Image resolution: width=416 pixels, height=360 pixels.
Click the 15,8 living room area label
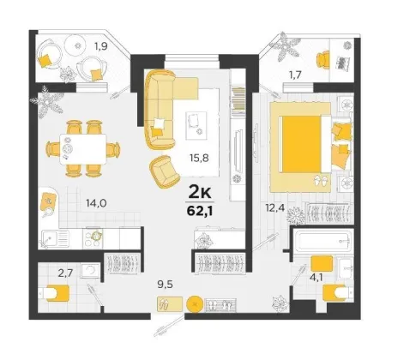coord(199,158)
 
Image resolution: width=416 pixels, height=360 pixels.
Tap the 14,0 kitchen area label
coord(97,203)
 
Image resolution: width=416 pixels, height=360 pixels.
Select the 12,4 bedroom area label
coord(274,208)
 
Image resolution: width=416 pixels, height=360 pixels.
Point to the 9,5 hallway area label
coord(166,285)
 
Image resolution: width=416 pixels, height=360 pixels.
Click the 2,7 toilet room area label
coord(65,273)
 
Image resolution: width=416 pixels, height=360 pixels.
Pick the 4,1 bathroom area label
coord(316,277)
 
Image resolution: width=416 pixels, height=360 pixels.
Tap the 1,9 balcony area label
coord(101,46)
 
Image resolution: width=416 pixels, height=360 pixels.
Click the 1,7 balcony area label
coord(295,75)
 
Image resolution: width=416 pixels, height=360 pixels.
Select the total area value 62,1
coord(201,211)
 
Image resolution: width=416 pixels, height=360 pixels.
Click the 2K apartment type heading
coord(200,193)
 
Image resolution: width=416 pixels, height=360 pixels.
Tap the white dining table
coord(83,149)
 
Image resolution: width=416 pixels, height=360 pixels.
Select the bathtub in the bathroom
coord(322,242)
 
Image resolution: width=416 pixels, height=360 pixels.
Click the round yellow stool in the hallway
coord(195,304)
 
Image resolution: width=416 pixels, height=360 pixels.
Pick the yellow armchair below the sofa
coord(165,172)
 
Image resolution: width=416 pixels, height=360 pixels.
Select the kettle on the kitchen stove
coord(97,235)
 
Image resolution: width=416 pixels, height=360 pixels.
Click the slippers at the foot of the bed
coord(322,181)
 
